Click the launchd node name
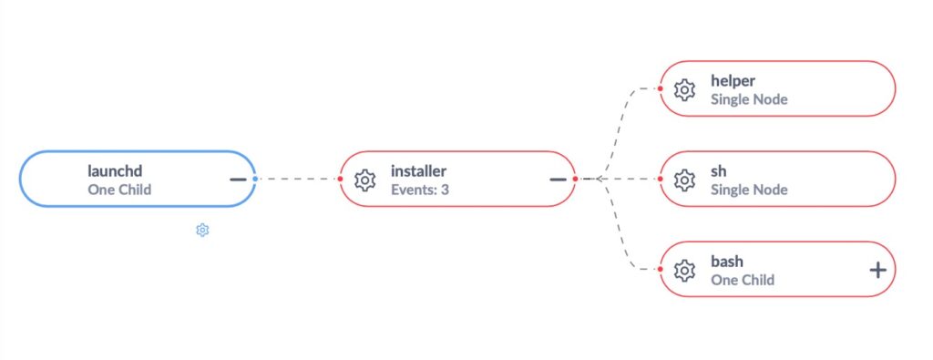click(x=115, y=170)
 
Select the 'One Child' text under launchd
click(x=119, y=190)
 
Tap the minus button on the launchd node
click(x=238, y=179)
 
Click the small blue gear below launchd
click(x=202, y=231)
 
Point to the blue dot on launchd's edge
click(x=255, y=179)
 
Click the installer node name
click(x=419, y=170)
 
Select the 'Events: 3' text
click(x=420, y=190)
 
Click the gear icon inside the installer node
click(x=365, y=180)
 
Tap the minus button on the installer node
click(x=558, y=179)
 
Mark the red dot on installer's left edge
click(x=340, y=179)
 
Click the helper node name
click(x=733, y=81)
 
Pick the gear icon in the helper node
click(x=684, y=89)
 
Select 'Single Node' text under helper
click(x=749, y=99)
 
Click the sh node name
click(x=719, y=170)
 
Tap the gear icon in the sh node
click(x=684, y=180)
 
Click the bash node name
click(x=727, y=262)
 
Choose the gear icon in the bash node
click(x=684, y=270)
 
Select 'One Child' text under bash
click(x=743, y=280)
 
